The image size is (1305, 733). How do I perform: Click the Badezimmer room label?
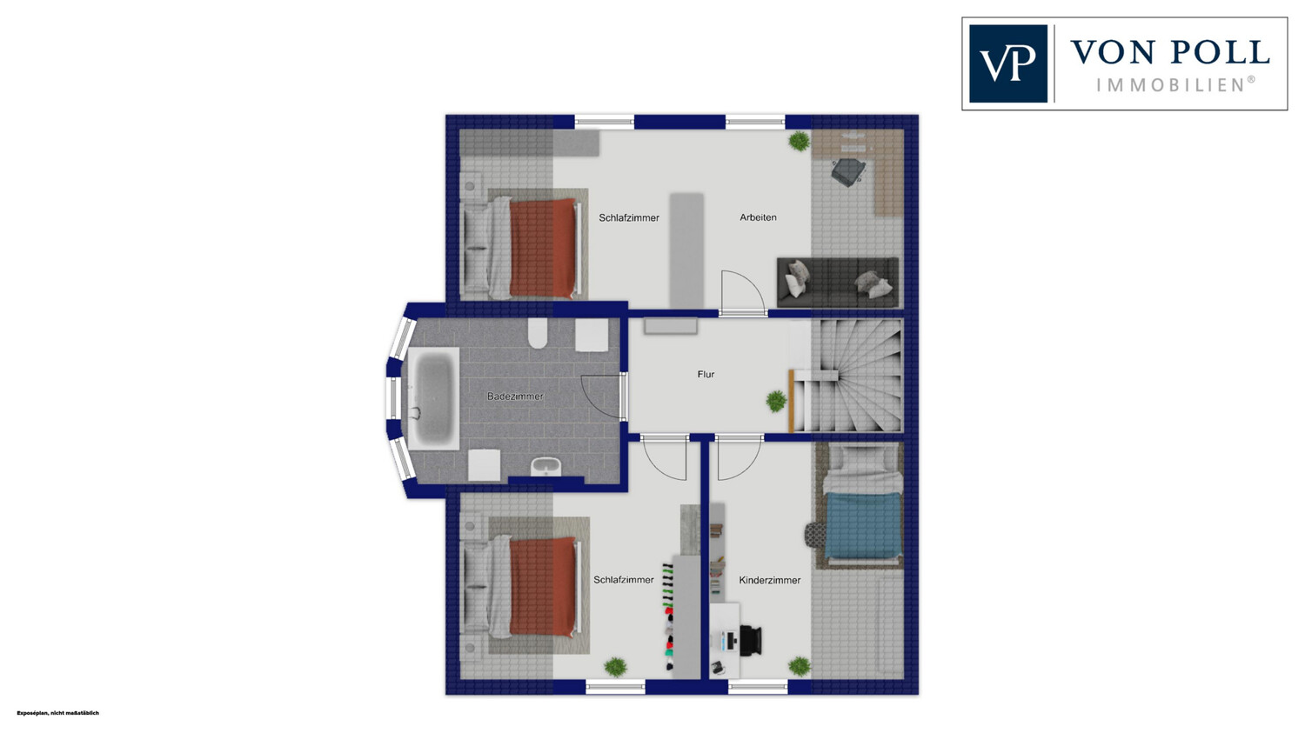click(515, 396)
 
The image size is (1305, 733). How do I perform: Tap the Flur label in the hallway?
click(706, 375)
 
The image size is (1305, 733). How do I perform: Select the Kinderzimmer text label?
click(770, 581)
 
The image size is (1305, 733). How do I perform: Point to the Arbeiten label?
click(758, 217)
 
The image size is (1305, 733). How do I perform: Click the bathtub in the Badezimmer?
click(433, 399)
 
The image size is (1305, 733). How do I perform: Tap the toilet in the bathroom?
click(538, 334)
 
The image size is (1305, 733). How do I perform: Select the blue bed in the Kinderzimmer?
click(863, 525)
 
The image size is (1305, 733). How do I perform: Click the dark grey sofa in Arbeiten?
click(838, 283)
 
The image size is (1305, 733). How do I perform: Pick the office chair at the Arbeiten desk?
click(848, 171)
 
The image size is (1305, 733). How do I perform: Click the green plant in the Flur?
click(776, 401)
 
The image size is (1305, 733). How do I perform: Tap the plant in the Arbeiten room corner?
click(800, 141)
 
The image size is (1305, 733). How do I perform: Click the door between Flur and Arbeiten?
click(743, 293)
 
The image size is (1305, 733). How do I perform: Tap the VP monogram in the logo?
click(1007, 63)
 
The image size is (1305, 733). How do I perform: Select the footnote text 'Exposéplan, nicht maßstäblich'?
click(57, 713)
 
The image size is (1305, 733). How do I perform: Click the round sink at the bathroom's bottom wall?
click(545, 467)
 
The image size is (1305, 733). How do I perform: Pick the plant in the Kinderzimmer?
click(800, 667)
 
